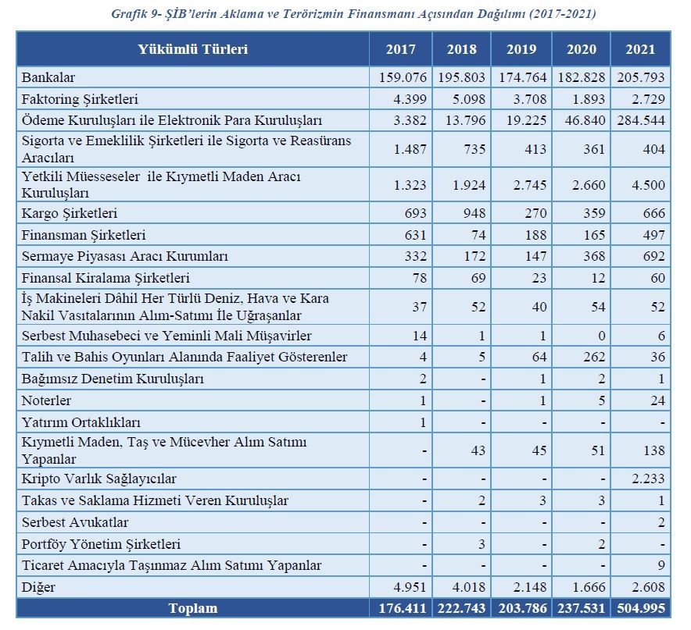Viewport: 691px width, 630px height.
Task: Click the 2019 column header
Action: tap(521, 49)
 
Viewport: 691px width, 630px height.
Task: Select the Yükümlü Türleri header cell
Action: tap(192, 49)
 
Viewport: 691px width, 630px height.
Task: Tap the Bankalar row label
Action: tap(48, 77)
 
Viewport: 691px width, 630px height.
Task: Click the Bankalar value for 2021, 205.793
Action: tap(641, 77)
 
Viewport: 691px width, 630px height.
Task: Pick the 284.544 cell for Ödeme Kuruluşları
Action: tap(641, 120)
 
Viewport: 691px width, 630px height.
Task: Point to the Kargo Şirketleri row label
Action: tap(70, 214)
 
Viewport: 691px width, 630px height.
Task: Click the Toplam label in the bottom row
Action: tap(193, 608)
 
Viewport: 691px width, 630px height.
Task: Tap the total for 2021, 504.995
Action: tap(641, 608)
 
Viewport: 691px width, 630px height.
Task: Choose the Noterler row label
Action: tap(46, 400)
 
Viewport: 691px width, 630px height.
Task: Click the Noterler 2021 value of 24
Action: tap(657, 400)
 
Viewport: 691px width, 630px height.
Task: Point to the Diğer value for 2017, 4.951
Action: tap(410, 587)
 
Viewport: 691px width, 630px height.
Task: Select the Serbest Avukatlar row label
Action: tap(75, 522)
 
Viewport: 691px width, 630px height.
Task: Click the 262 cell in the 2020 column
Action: tap(595, 357)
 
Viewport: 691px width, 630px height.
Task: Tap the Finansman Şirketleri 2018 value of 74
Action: tap(478, 235)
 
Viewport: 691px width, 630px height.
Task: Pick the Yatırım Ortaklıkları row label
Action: tap(81, 422)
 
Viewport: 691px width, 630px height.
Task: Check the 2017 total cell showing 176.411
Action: tap(403, 608)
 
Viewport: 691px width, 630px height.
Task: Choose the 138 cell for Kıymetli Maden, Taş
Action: tap(654, 450)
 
